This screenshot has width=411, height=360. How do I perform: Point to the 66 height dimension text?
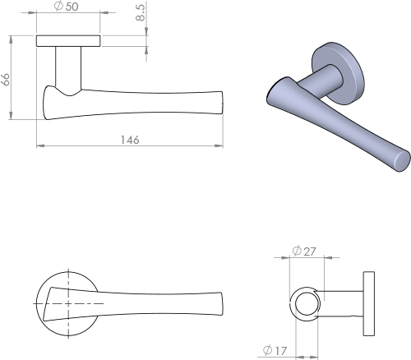pyautogui.click(x=7, y=80)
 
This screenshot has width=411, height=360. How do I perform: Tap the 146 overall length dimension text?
pyautogui.click(x=129, y=141)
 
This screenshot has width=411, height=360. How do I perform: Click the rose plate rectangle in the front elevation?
pyautogui.click(x=68, y=40)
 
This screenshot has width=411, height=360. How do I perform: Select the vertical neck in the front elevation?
pyautogui.click(x=68, y=66)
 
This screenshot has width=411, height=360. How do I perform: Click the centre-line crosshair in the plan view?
pyautogui.click(x=68, y=303)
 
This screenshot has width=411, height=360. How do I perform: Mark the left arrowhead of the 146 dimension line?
pyautogui.click(x=39, y=147)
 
